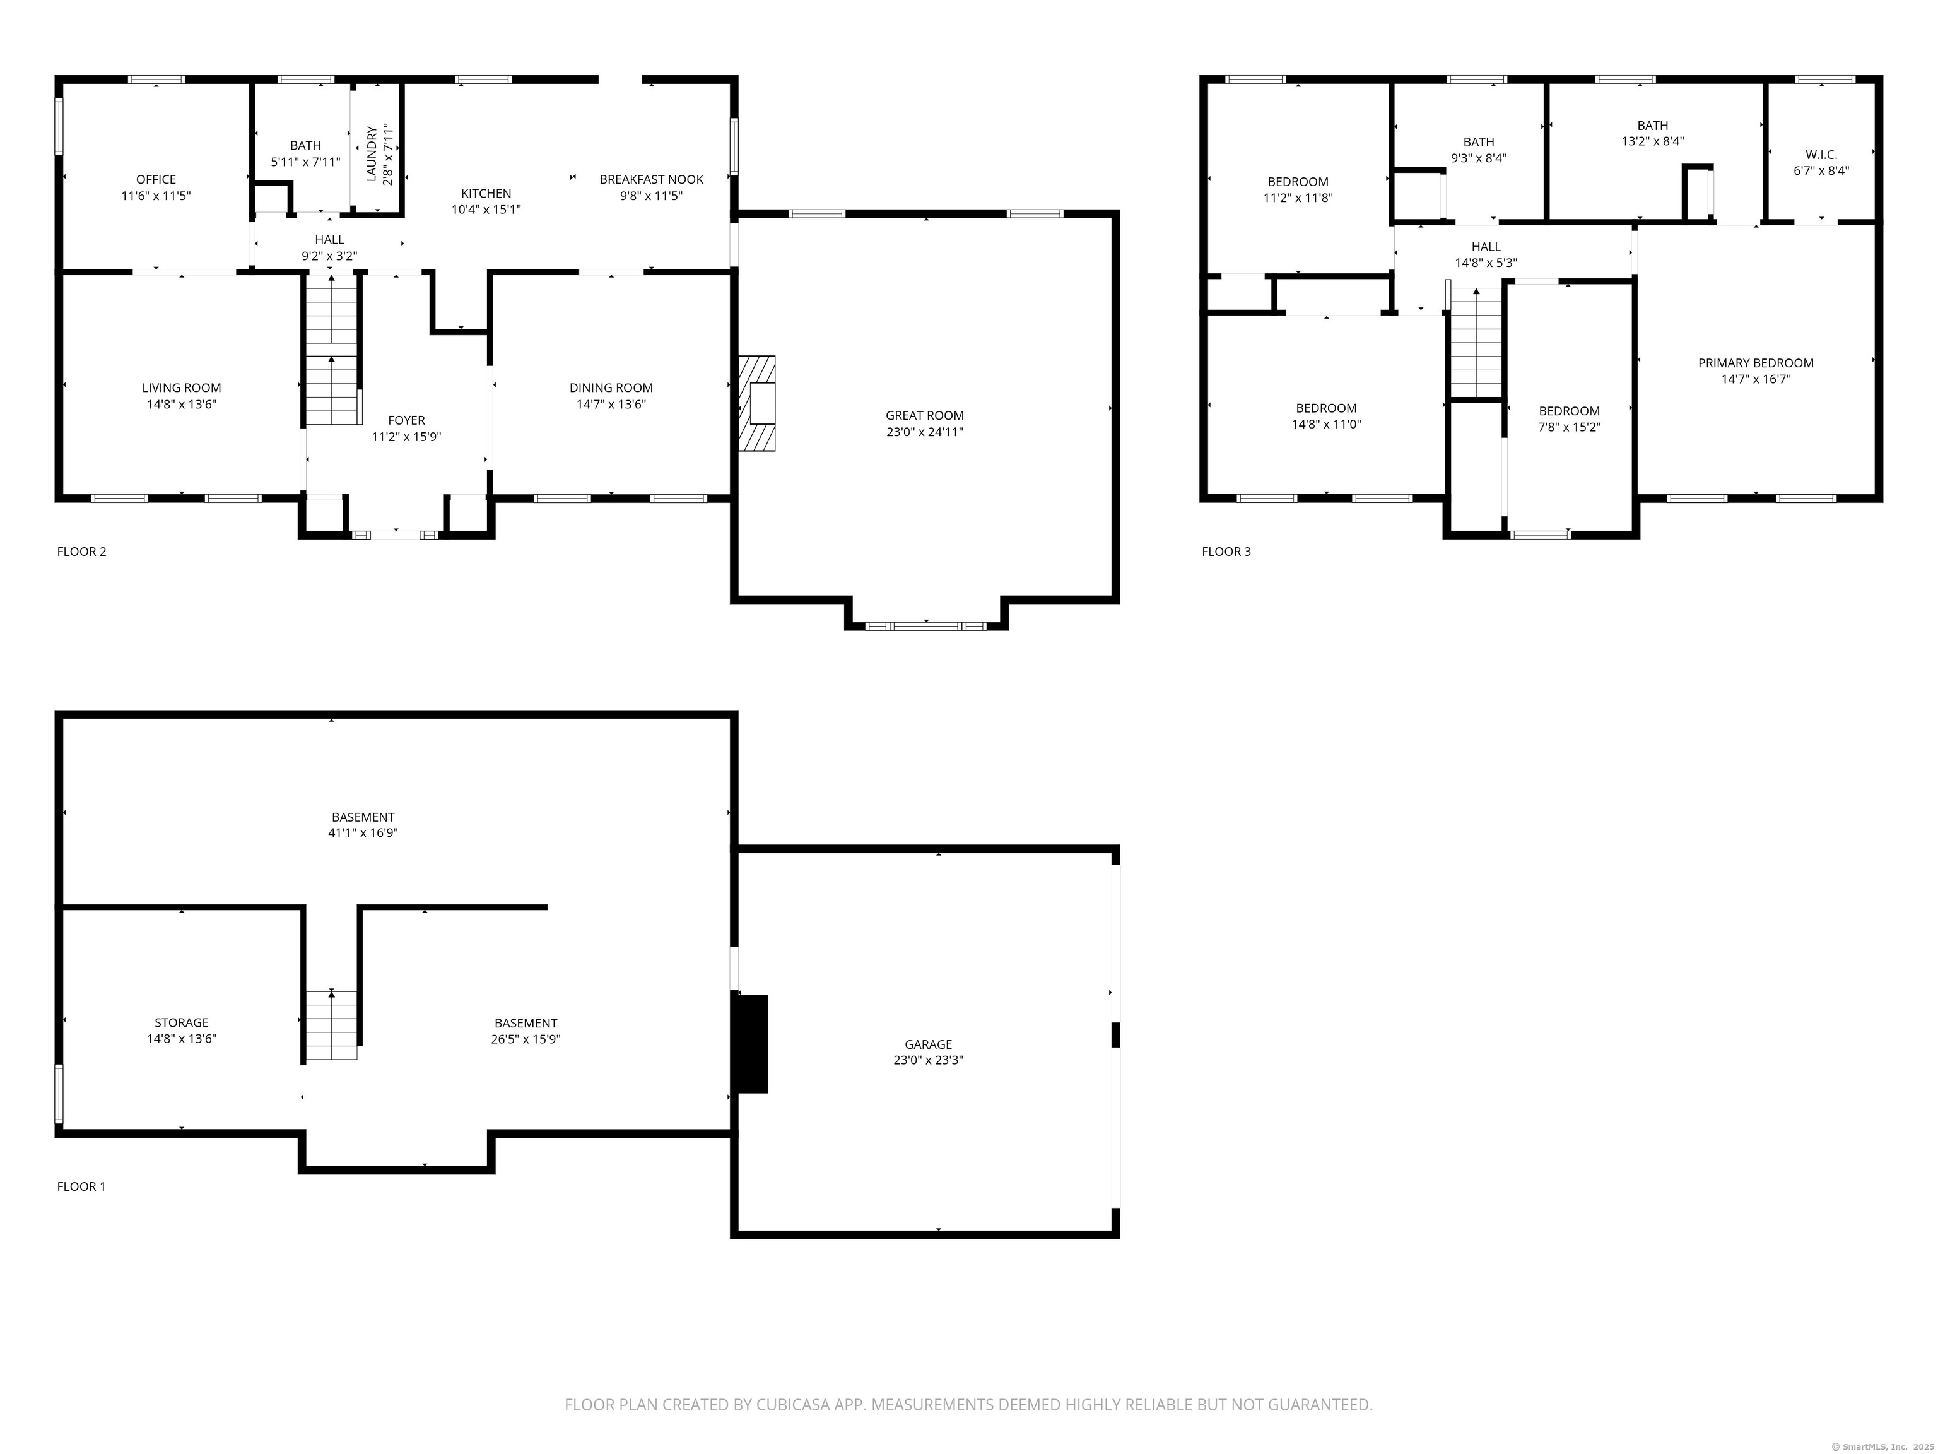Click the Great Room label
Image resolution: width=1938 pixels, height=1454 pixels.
click(924, 415)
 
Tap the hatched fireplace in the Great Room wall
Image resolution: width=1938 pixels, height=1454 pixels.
click(757, 403)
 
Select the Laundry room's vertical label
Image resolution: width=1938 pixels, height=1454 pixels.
click(372, 154)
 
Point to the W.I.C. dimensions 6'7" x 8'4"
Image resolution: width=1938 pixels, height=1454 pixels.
click(1821, 171)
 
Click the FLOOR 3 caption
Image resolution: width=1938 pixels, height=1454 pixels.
click(1226, 552)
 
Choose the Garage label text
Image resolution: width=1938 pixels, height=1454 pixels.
click(928, 1044)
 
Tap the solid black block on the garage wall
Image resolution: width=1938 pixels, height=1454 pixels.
click(751, 1043)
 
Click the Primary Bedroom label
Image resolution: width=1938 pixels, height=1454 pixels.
click(1755, 363)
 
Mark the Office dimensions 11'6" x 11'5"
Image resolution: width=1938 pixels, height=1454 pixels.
click(156, 196)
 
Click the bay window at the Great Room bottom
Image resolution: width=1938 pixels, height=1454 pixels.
click(925, 626)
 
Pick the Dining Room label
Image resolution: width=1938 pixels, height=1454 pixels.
click(611, 387)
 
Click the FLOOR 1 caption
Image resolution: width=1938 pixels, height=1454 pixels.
click(81, 1186)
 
